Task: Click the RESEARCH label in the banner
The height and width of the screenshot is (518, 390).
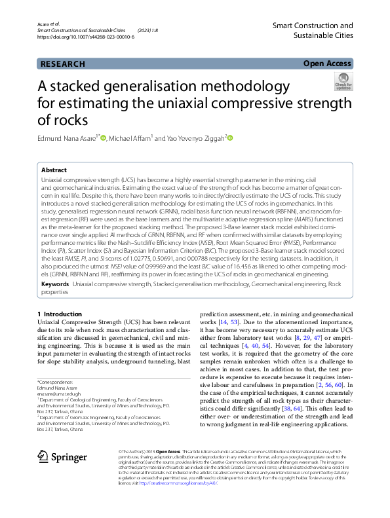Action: pyautogui.click(x=63, y=64)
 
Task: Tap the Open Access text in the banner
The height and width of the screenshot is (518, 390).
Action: pyautogui.click(x=327, y=64)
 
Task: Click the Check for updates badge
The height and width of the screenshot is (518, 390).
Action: pyautogui.click(x=343, y=81)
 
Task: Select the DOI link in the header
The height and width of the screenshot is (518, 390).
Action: pyautogui.click(x=86, y=37)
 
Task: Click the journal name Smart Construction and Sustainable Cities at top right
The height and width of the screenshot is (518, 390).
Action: pyautogui.click(x=312, y=31)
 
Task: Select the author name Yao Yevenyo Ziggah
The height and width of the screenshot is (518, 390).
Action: pyautogui.click(x=191, y=138)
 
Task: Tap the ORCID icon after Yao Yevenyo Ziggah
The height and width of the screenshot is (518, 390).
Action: pyautogui.click(x=230, y=138)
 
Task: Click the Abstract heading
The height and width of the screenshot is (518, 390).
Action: pyautogui.click(x=54, y=168)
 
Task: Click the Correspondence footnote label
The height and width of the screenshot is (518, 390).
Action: pyautogui.click(x=57, y=381)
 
